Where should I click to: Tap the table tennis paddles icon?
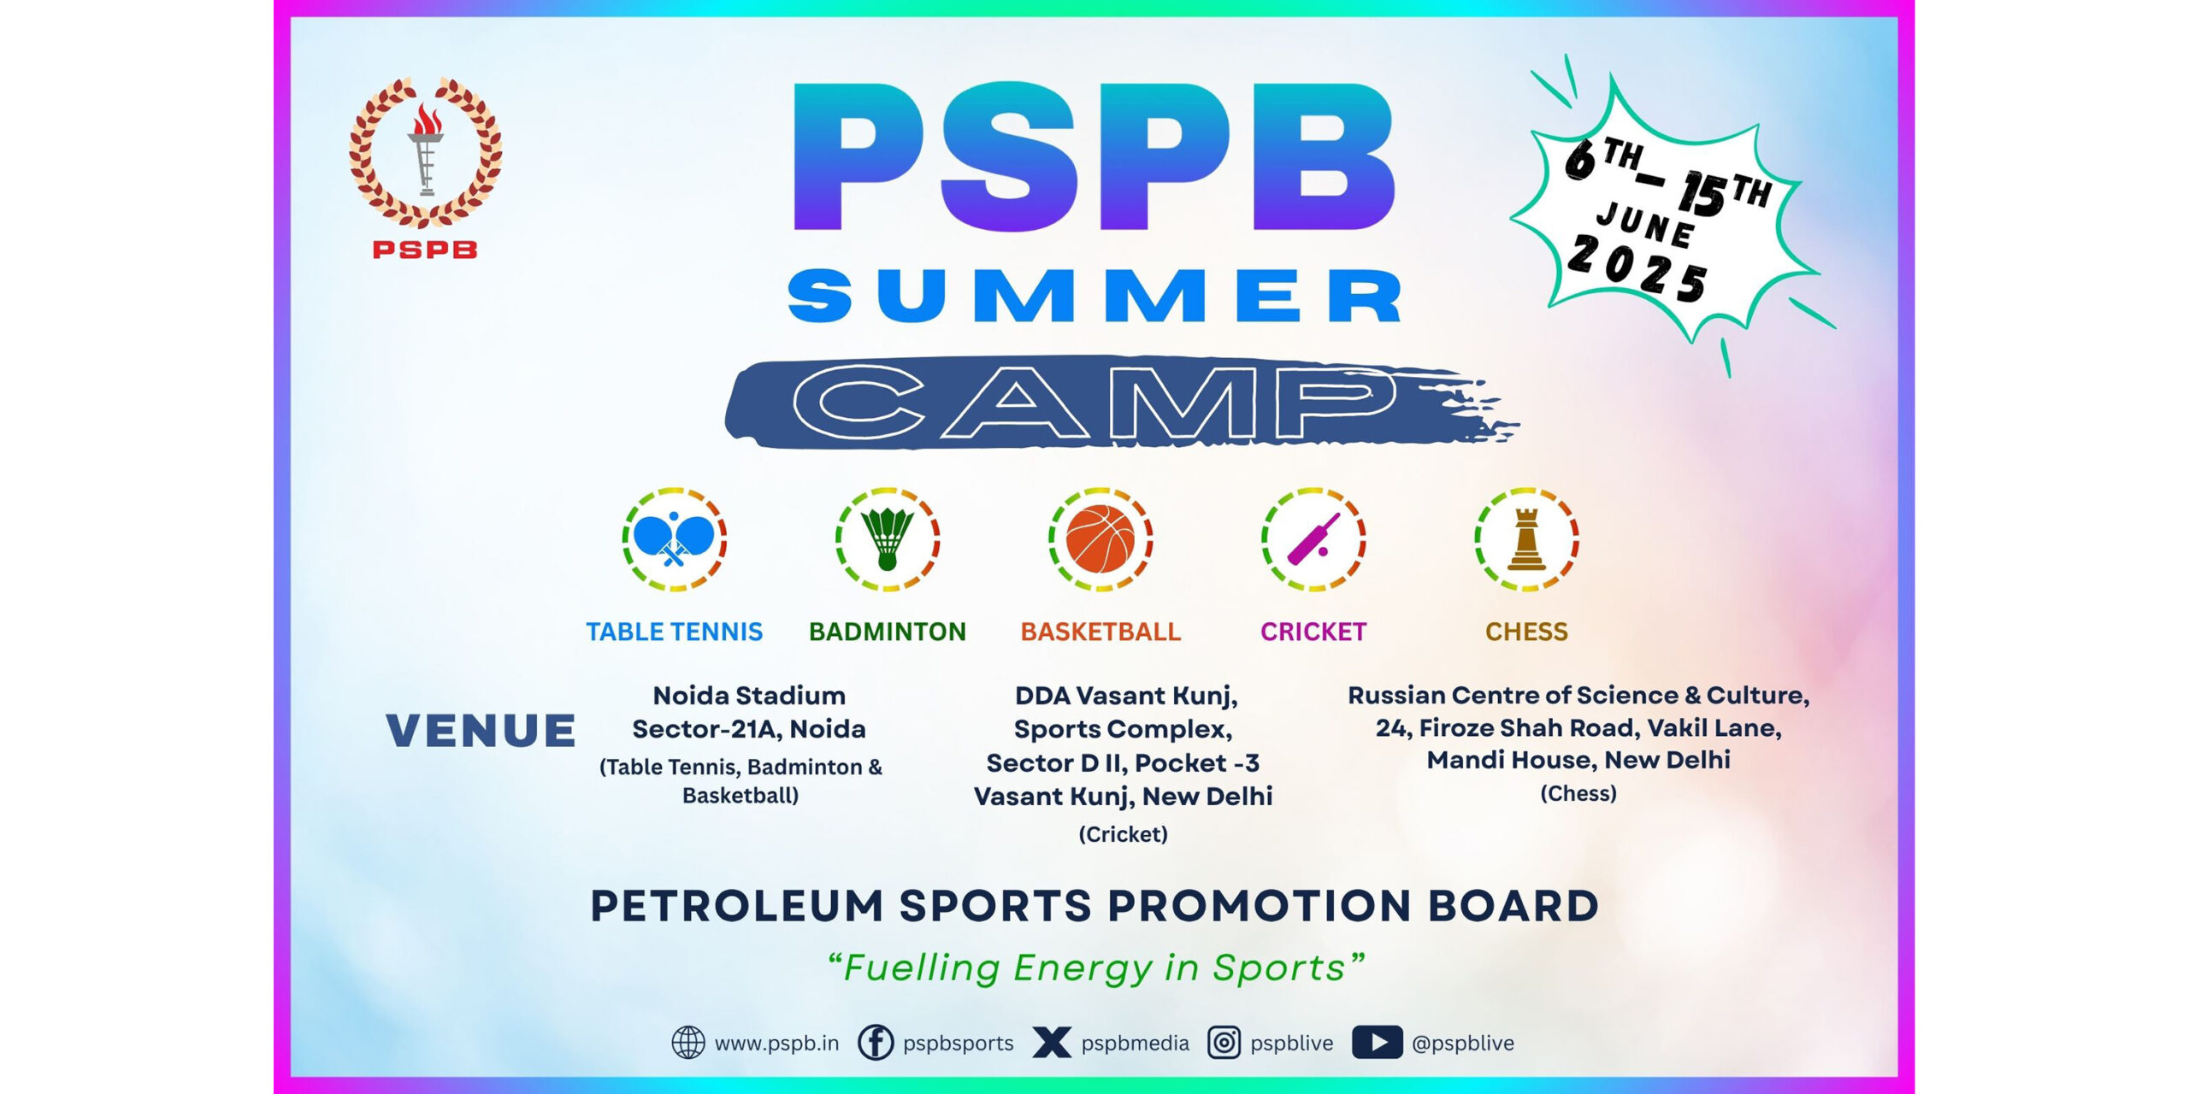[674, 538]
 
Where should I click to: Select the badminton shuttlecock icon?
[888, 539]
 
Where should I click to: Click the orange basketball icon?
[1100, 539]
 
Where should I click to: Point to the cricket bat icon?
[1313, 538]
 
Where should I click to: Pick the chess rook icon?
[1526, 539]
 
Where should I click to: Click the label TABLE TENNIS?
[674, 632]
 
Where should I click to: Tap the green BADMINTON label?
[888, 632]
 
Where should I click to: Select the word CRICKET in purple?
[1313, 632]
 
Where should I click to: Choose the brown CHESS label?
[1526, 632]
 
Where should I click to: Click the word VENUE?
[481, 731]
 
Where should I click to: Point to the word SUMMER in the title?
[1094, 296]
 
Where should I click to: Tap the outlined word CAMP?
[1094, 401]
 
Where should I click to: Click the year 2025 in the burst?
[1637, 268]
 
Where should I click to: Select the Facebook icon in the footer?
[876, 1043]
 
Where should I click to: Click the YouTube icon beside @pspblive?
[1377, 1043]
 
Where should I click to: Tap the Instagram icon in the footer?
[1224, 1043]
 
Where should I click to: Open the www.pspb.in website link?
[776, 1044]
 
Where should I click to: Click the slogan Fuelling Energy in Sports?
[1095, 968]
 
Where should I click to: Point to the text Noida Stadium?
[749, 696]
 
